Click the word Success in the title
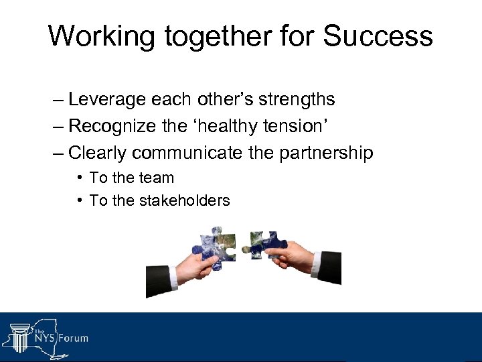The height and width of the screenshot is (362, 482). click(x=378, y=36)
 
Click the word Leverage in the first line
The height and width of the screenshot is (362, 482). click(x=107, y=100)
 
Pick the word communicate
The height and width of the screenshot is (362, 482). click(x=187, y=153)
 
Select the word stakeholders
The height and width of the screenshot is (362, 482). click(x=184, y=200)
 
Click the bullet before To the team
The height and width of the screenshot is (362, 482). click(x=80, y=178)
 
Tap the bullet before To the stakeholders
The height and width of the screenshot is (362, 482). click(x=80, y=200)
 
